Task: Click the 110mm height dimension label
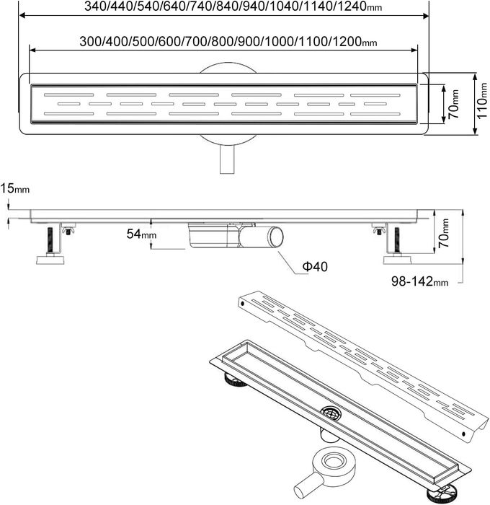coord(481,100)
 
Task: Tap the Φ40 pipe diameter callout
coord(315,266)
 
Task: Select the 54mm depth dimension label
coord(141,234)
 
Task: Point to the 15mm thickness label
coord(15,188)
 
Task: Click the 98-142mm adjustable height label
coord(419,281)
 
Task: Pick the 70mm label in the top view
coord(454,104)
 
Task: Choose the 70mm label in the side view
coord(443,233)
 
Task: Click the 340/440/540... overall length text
coord(233,6)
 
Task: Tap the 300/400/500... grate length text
coord(228,42)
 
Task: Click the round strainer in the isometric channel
coord(331,413)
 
